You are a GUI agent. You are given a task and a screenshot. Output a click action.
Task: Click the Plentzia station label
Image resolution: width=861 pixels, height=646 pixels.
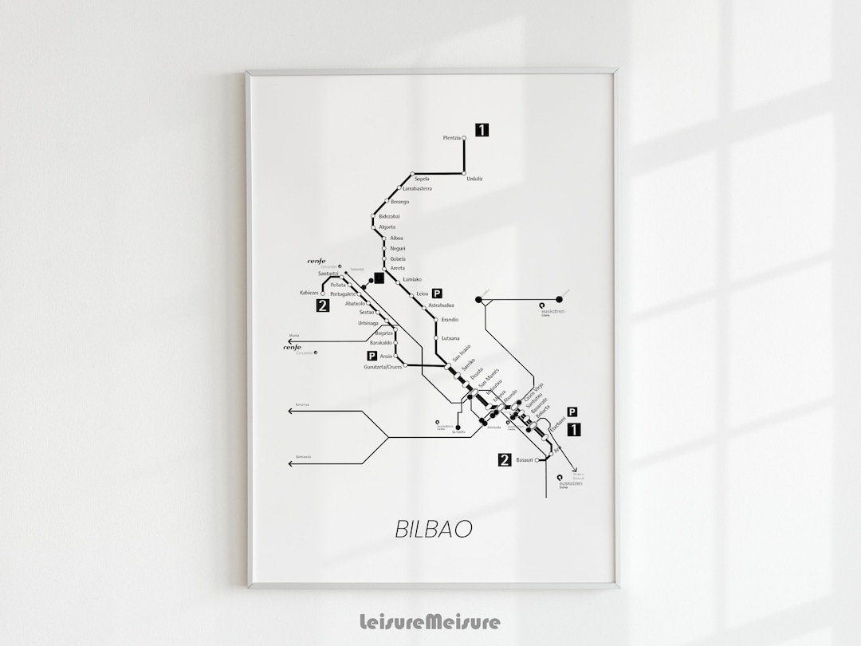(451, 138)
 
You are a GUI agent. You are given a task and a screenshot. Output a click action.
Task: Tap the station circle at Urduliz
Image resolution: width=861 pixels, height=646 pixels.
(465, 173)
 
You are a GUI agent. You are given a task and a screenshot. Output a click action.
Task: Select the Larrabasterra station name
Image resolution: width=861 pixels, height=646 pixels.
(417, 189)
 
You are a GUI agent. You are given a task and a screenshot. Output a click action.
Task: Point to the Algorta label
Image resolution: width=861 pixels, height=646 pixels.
(387, 227)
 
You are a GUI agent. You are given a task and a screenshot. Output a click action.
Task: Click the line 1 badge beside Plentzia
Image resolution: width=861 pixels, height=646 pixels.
(482, 129)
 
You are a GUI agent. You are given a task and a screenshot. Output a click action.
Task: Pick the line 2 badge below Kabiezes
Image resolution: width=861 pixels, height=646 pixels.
(323, 305)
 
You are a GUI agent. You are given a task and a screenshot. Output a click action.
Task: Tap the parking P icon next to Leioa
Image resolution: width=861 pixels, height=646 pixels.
(437, 293)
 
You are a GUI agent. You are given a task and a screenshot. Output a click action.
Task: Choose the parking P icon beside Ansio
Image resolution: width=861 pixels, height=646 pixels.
(371, 356)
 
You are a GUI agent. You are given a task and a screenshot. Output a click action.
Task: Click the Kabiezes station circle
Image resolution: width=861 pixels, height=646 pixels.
(323, 293)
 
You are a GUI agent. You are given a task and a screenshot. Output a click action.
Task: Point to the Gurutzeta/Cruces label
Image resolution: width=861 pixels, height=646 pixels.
(383, 367)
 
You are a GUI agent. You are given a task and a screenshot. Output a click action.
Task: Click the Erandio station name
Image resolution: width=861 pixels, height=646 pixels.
(450, 320)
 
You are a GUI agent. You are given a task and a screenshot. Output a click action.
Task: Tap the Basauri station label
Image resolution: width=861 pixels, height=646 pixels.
(525, 460)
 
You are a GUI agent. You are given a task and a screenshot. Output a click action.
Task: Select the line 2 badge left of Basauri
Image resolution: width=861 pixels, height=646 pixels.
(504, 459)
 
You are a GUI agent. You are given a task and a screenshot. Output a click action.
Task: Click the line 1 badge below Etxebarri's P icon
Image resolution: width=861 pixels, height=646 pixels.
(573, 430)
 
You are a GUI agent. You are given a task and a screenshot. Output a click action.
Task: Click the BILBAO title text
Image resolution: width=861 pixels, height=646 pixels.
(433, 529)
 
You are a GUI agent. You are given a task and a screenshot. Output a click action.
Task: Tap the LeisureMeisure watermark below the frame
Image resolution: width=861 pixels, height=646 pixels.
(431, 620)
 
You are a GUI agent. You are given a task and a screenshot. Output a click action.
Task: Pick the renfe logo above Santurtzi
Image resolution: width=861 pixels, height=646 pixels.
(319, 261)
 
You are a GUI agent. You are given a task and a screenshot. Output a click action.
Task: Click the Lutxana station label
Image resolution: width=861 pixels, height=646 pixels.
(450, 339)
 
